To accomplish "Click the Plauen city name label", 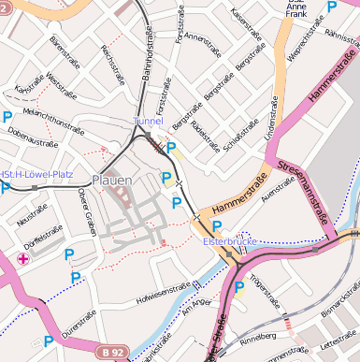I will (112, 180).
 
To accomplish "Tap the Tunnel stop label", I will (148, 122).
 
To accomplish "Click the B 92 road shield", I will (112, 352).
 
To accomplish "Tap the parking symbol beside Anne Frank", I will (331, 7).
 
